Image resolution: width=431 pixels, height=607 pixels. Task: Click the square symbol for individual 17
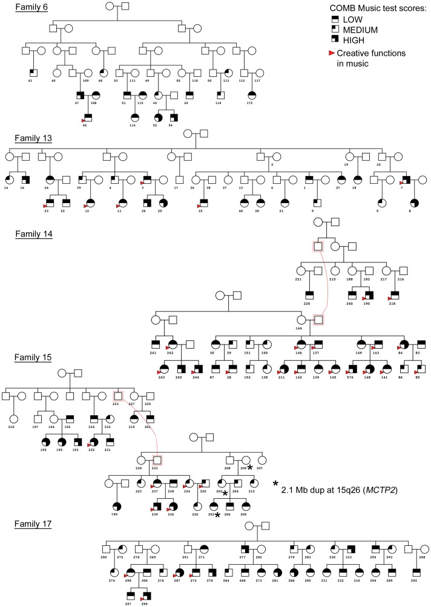(179, 179)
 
